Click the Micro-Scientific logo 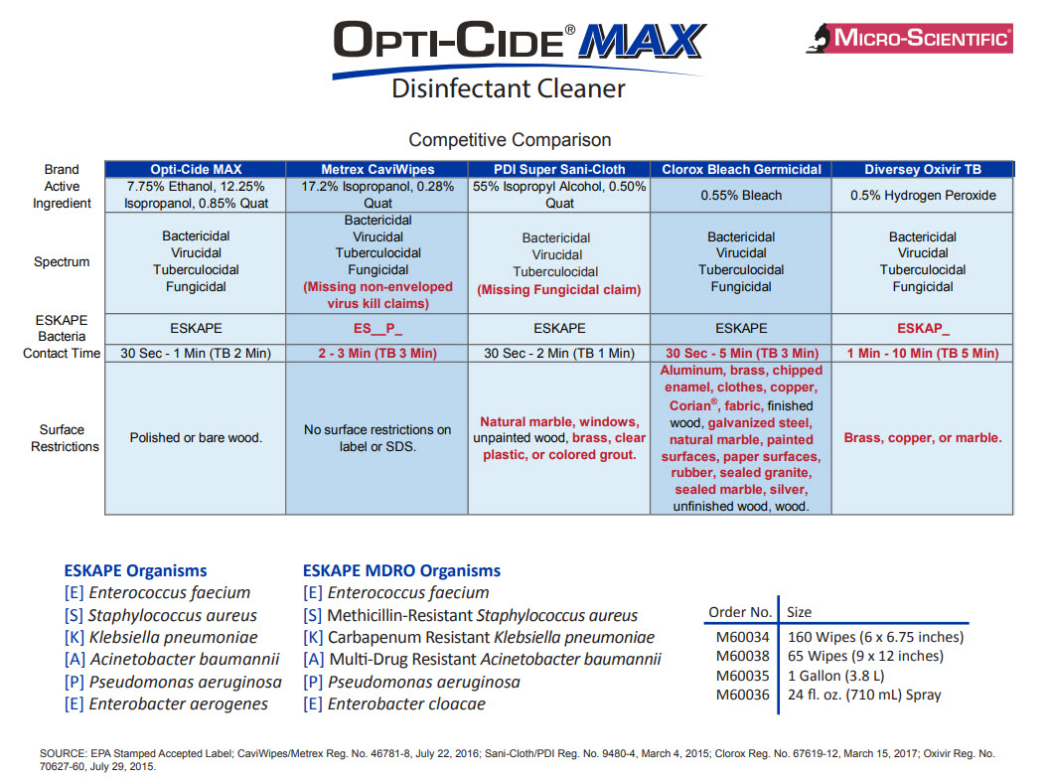tap(909, 38)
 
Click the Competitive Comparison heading tap(510, 140)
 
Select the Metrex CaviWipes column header tap(377, 170)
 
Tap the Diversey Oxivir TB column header tap(922, 170)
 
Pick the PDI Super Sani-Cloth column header tap(559, 170)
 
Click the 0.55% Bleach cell tap(741, 196)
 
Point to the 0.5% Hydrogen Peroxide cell tap(922, 196)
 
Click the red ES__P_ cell tap(377, 328)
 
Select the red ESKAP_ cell tap(922, 328)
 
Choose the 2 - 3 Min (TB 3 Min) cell tap(377, 354)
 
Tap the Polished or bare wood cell tap(196, 438)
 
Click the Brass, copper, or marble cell tap(922, 438)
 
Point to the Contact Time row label tap(62, 354)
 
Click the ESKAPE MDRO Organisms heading tap(401, 570)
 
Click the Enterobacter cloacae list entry tap(406, 704)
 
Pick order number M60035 tap(742, 676)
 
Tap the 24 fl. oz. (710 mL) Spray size tap(865, 696)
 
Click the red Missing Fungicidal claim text tap(559, 290)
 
